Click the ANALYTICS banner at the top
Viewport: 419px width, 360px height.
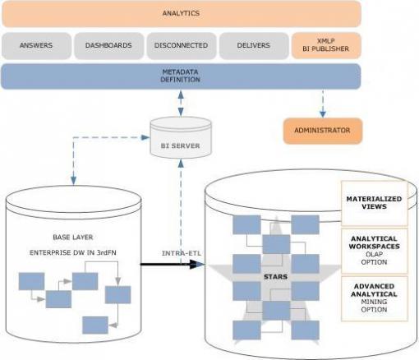[182, 14]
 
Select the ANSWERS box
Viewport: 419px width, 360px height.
[36, 45]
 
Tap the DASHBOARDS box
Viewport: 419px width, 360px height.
[108, 45]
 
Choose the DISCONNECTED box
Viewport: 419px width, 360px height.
[181, 45]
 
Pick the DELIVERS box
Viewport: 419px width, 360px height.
[254, 45]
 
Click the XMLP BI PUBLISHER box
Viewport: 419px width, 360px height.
[326, 45]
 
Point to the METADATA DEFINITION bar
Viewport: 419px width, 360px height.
[181, 76]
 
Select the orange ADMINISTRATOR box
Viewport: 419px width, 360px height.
[323, 131]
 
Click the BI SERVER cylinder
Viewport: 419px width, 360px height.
[181, 137]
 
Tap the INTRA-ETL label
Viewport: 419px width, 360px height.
[182, 253]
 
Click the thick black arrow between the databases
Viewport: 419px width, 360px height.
[173, 264]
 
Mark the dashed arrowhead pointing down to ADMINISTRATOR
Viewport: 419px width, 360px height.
[323, 114]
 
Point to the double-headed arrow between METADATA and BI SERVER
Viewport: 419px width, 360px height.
[181, 104]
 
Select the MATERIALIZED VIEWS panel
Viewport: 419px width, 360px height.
[374, 203]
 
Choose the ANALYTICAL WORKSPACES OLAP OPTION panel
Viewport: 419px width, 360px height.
[374, 251]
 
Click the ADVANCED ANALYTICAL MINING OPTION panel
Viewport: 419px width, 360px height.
[374, 298]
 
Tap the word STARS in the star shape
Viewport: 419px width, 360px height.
[275, 277]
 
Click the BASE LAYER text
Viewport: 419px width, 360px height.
[73, 238]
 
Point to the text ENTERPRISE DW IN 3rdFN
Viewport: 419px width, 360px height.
[73, 252]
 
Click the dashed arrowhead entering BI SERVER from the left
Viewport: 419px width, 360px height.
[145, 137]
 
